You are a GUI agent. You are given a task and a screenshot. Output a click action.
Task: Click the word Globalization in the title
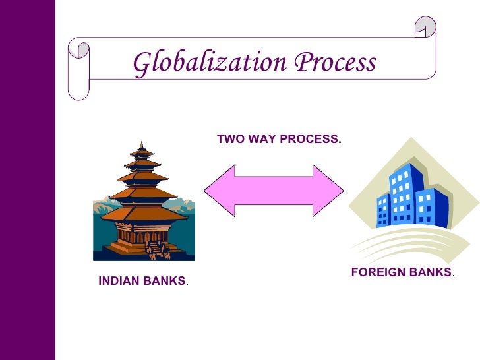tap(210, 63)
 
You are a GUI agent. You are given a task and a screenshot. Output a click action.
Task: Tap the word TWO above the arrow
tap(229, 140)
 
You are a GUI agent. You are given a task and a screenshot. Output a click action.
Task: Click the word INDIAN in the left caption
tap(119, 281)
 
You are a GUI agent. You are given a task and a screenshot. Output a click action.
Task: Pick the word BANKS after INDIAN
tap(164, 281)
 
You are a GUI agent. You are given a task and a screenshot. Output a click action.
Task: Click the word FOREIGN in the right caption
tap(375, 272)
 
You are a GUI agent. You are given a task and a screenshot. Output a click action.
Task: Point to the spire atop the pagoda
tap(142, 146)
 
